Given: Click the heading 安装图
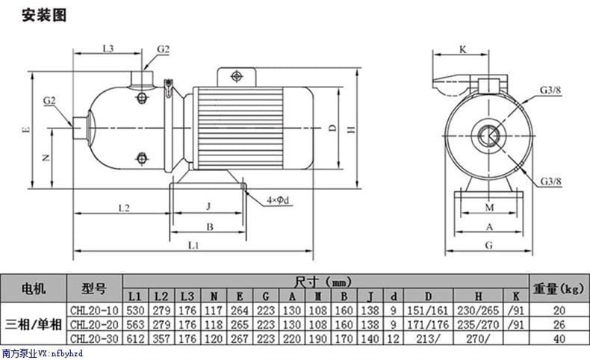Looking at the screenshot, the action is pyautogui.click(x=44, y=16).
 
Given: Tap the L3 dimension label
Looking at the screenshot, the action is pyautogui.click(x=108, y=49).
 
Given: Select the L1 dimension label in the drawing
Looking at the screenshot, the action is pyautogui.click(x=193, y=246).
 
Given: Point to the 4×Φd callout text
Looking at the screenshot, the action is pyautogui.click(x=278, y=200).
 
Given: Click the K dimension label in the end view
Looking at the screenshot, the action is pyautogui.click(x=463, y=49).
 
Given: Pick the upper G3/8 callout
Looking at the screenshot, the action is pyautogui.click(x=550, y=90).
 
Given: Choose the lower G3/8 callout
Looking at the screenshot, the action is pyautogui.click(x=551, y=181).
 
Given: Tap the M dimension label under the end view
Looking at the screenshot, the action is pyautogui.click(x=489, y=208).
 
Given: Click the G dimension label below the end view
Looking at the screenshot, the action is pyautogui.click(x=488, y=246).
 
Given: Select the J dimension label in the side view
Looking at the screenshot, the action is pyautogui.click(x=208, y=206).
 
